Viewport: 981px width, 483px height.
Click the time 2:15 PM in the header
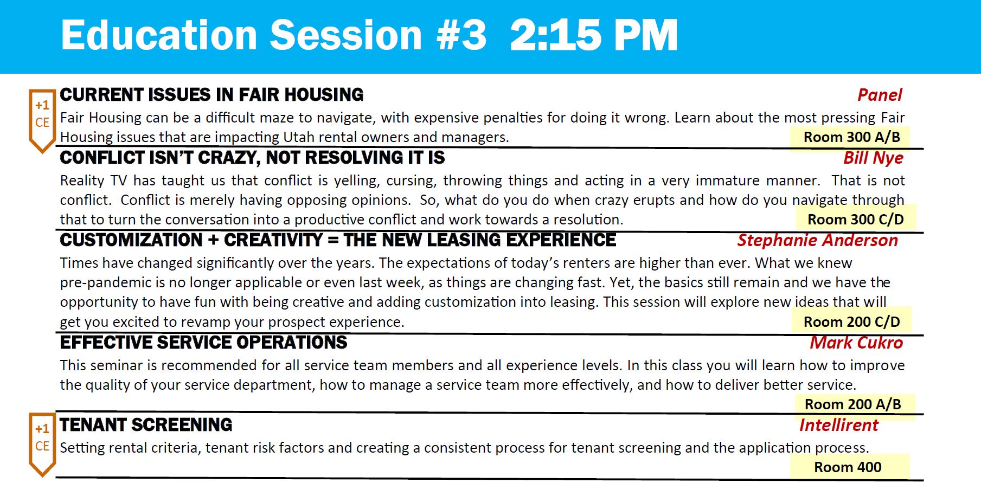[x=594, y=35]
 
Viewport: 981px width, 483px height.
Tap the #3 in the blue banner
[x=461, y=35]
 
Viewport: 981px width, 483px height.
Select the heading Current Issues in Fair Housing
[x=211, y=95]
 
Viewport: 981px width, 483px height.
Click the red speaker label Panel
[x=880, y=95]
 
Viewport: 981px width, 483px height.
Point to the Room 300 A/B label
[x=851, y=137]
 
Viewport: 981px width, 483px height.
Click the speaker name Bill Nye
[x=873, y=158]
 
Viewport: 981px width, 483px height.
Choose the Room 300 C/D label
[x=855, y=220]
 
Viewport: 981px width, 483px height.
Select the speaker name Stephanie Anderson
[x=817, y=240]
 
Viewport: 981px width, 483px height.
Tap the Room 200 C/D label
[x=851, y=322]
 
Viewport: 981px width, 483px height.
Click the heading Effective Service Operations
[x=203, y=343]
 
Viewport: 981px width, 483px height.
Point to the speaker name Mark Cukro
[x=856, y=343]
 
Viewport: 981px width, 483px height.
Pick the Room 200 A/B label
[x=852, y=404]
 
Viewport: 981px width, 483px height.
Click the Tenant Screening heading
[x=146, y=425]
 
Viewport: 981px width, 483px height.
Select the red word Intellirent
[x=838, y=426]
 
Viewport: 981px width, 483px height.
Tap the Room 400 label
[x=848, y=467]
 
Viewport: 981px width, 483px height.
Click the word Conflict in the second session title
[x=102, y=158]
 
